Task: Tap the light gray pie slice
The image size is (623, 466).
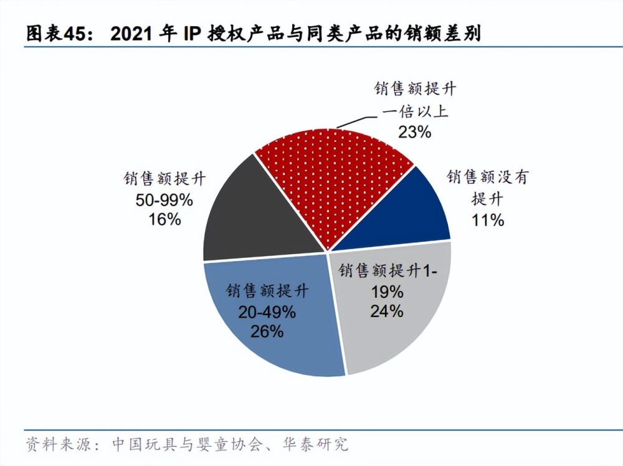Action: click(x=399, y=324)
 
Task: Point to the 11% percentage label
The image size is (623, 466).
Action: click(x=488, y=220)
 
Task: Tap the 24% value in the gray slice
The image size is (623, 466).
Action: click(x=386, y=310)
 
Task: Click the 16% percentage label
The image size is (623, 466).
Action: click(x=164, y=219)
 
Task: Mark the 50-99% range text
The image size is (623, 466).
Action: click(x=164, y=200)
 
